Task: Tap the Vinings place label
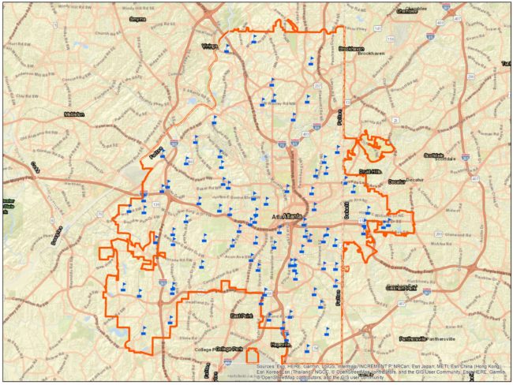coord(208,47)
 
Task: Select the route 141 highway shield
coord(378,29)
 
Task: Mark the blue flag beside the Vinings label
coord(227,48)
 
